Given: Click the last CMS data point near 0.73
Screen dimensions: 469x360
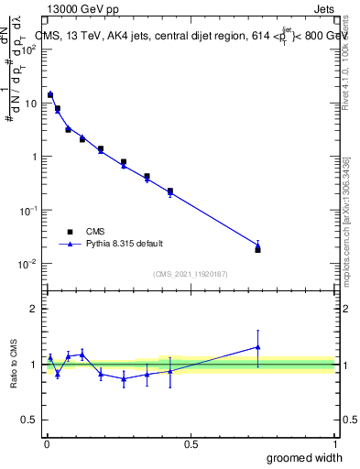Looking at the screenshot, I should (x=257, y=249).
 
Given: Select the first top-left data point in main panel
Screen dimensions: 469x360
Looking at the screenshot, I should (x=50, y=94).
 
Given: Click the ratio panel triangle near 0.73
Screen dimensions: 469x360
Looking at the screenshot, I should (x=257, y=347).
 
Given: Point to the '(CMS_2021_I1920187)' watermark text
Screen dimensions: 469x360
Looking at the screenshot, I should (x=191, y=273).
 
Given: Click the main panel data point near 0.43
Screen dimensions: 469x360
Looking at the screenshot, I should (x=170, y=191).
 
